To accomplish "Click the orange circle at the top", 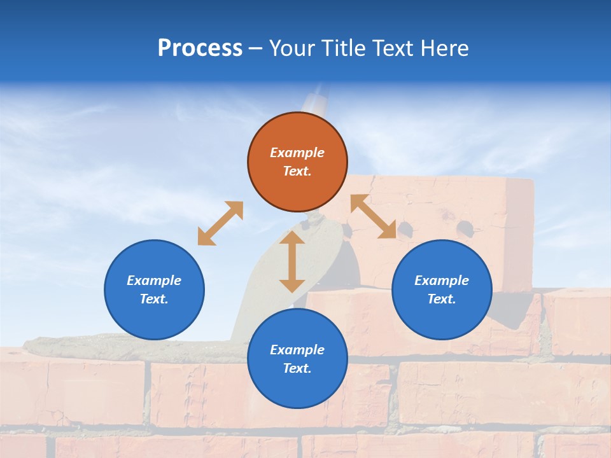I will tap(297, 162).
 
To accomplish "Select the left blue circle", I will tap(154, 289).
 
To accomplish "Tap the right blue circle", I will tap(442, 289).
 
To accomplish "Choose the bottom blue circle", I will tap(297, 359).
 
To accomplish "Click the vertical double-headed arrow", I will tap(292, 261).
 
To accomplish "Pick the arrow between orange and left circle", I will tap(220, 223).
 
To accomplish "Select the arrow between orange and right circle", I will tap(374, 216).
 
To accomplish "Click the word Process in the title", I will tap(200, 48).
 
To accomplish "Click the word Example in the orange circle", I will tap(297, 153).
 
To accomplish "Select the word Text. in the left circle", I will tap(154, 299).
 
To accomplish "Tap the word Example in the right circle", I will tap(442, 281).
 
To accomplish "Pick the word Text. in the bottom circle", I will tap(297, 368).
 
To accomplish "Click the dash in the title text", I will tap(256, 48).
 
